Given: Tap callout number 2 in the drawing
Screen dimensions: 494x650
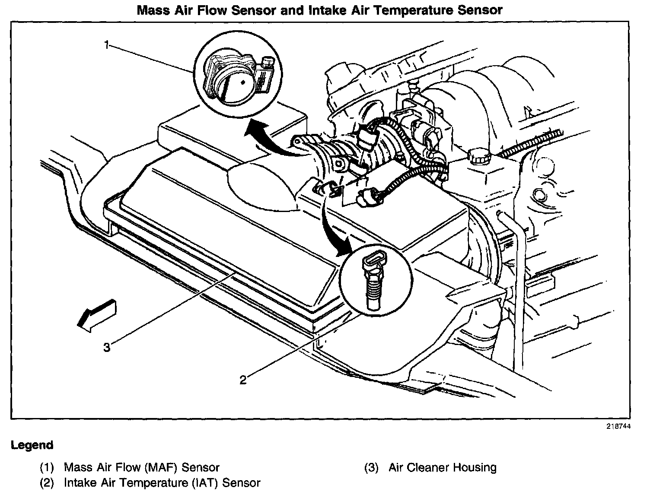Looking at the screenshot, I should (243, 380).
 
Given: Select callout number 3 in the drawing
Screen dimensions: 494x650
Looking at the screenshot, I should (107, 347).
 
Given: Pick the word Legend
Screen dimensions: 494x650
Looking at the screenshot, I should (32, 445).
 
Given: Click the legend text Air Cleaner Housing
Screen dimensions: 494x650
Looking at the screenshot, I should (443, 467).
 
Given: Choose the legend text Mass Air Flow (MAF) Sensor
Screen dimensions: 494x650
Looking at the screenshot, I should (142, 467).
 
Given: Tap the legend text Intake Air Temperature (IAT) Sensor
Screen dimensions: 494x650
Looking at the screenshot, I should (162, 483).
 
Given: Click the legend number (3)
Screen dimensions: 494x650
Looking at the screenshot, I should (371, 467).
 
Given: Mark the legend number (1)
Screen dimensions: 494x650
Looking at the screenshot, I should (47, 467).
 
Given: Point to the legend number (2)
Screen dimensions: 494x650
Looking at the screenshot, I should (47, 483).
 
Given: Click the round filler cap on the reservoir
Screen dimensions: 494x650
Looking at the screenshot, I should (478, 157).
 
